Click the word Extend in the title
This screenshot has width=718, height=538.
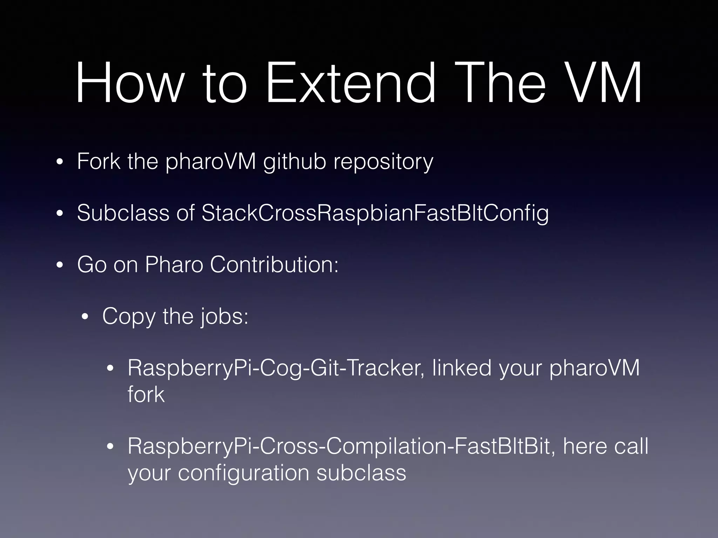351,83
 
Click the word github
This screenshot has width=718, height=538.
294,162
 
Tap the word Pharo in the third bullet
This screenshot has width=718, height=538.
174,264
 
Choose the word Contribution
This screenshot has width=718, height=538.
274,264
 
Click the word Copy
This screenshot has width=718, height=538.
129,317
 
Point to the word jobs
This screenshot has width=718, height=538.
224,317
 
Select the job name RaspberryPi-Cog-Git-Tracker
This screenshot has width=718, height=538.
276,368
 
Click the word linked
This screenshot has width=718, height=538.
462,368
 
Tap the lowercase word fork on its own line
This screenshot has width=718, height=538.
146,394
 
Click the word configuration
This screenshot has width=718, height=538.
243,473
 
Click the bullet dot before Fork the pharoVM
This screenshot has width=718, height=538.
60,163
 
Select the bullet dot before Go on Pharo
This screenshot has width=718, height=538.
60,265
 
